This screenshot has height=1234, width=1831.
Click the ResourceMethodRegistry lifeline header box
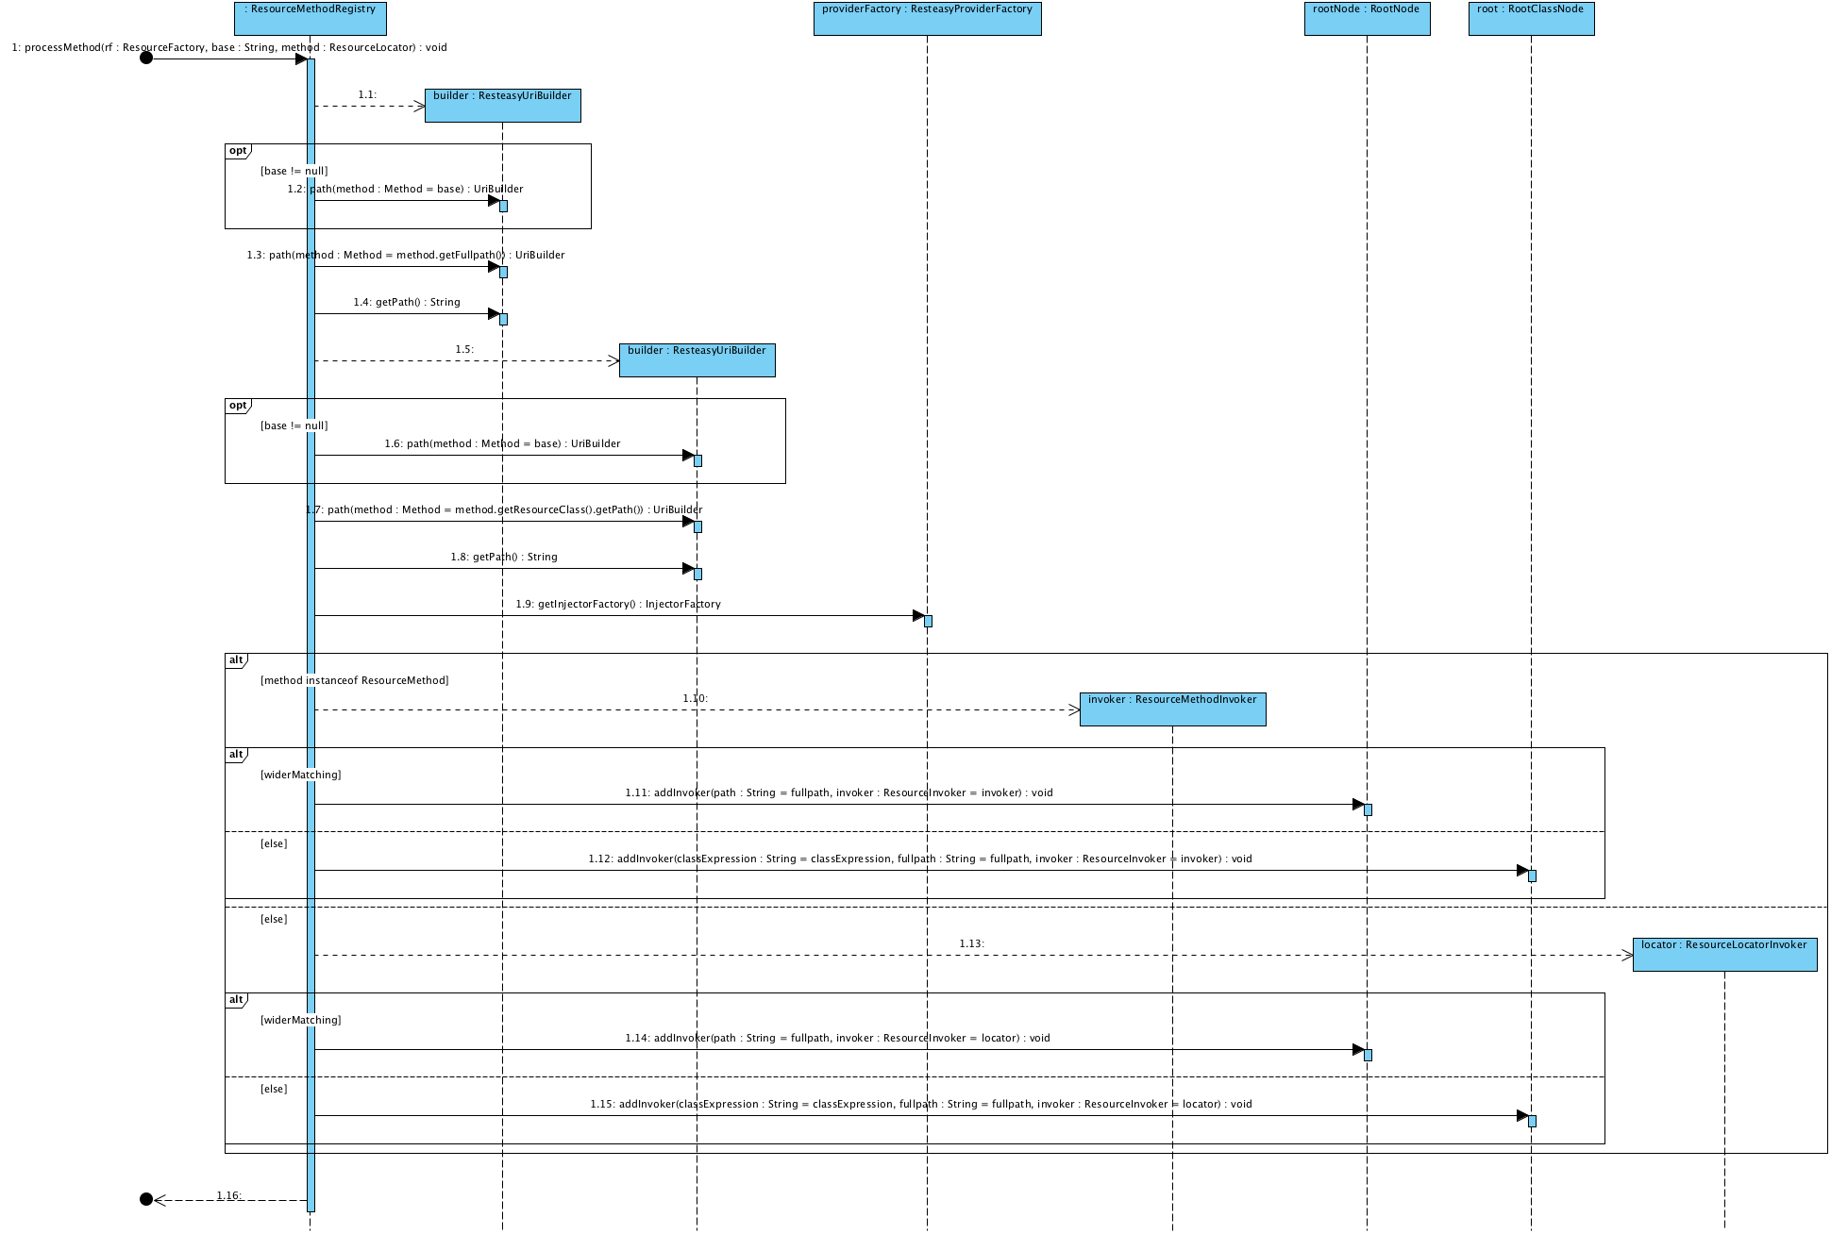point(310,18)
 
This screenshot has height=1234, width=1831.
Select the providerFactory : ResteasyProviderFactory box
point(927,18)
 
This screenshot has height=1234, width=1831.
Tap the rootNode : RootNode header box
point(1367,18)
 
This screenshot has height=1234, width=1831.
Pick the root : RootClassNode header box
point(1531,18)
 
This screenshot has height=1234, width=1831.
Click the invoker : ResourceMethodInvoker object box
point(1172,709)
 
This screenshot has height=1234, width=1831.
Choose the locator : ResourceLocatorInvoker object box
point(1724,954)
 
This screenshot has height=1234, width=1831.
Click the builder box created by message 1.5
point(697,359)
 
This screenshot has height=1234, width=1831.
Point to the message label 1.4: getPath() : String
point(407,302)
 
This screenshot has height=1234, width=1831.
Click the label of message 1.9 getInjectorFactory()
point(618,604)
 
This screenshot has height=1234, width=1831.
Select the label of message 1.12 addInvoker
point(920,859)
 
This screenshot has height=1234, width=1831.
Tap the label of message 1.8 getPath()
point(504,557)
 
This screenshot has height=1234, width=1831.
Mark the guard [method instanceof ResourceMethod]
point(355,680)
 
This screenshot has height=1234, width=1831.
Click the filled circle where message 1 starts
point(146,58)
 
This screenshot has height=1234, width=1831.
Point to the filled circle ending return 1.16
point(146,1199)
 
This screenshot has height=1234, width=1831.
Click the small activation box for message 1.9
point(928,621)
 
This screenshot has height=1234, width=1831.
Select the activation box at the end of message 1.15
point(1532,1121)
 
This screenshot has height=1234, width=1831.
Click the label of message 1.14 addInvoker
point(837,1038)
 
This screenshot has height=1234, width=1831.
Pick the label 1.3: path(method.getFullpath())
point(406,255)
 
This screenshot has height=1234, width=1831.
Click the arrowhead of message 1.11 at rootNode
point(1358,805)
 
